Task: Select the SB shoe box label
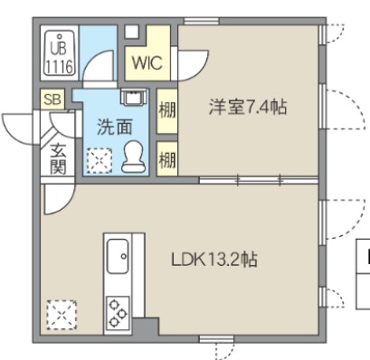pyautogui.click(x=50, y=99)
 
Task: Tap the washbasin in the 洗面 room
pyautogui.click(x=134, y=98)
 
